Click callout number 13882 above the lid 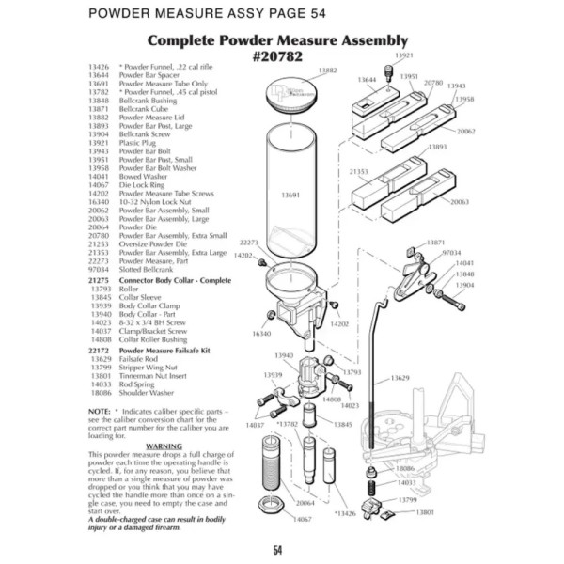tap(327, 70)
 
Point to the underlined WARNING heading tap(163, 446)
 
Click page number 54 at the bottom tap(279, 550)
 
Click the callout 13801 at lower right tap(426, 512)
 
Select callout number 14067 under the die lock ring tap(302, 545)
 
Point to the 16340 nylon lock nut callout tap(261, 334)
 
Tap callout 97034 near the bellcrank tap(451, 253)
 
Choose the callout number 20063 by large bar tap(460, 202)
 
